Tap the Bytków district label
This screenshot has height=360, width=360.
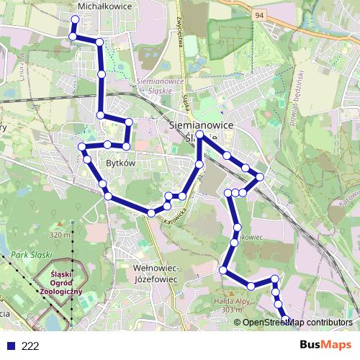121,163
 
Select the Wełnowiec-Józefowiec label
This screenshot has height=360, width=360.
156,273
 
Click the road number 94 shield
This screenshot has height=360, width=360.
258,14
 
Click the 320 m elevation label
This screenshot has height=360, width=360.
62,235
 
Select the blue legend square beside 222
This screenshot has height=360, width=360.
9,346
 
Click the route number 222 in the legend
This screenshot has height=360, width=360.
30,346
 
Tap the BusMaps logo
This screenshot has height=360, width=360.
325,346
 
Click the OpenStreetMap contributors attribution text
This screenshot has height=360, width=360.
297,323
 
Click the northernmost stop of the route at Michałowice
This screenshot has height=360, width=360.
76,19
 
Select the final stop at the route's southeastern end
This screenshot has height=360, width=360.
286,319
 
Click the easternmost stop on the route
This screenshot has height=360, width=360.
260,177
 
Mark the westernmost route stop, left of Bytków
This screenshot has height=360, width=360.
81,147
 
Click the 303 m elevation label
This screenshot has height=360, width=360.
230,310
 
